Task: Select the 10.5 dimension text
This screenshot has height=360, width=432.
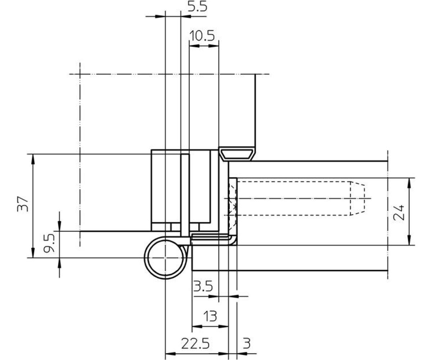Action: (202, 36)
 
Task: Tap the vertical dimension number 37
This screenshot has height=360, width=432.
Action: (23, 204)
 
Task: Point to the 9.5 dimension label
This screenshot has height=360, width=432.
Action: (49, 243)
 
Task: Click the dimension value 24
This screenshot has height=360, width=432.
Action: (399, 212)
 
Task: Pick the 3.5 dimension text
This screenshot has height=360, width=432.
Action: (203, 287)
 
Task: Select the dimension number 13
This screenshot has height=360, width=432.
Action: (210, 316)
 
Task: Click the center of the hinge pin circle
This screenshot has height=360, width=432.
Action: (165, 258)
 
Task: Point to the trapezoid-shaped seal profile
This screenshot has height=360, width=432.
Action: (237, 154)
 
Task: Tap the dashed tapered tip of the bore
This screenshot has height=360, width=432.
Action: (357, 198)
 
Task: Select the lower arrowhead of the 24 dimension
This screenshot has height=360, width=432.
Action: (409, 240)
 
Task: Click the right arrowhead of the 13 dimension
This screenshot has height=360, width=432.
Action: (224, 327)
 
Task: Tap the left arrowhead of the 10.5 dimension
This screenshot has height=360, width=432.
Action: (194, 46)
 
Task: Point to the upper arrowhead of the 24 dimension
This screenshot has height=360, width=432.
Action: (409, 183)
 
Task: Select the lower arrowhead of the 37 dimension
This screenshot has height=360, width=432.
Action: (33, 253)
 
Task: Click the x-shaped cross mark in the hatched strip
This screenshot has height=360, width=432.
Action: (234, 207)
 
